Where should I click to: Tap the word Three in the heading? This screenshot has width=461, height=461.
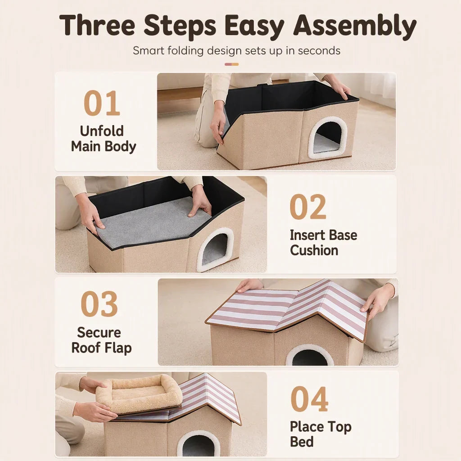click(x=97, y=25)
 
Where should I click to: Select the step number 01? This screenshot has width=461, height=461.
click(x=102, y=103)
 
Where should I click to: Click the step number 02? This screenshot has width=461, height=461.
click(x=308, y=207)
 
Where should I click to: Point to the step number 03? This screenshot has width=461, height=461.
click(x=99, y=304)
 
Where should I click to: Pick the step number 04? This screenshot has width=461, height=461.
click(x=309, y=399)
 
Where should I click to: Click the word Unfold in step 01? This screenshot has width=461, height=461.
click(x=102, y=131)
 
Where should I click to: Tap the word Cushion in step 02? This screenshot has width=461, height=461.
click(x=314, y=250)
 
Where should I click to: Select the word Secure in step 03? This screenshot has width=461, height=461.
click(x=99, y=333)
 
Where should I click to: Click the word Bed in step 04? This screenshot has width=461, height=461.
click(x=302, y=442)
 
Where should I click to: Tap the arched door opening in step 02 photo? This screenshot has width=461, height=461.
click(x=215, y=249)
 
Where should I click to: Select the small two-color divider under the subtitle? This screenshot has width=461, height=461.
click(x=232, y=64)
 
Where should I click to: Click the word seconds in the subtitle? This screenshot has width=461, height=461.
click(x=319, y=50)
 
